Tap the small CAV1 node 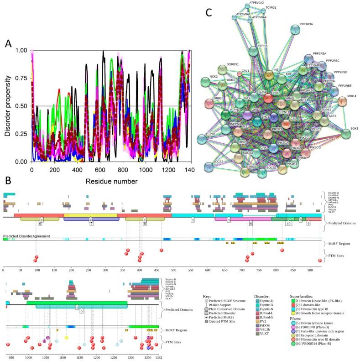[239, 74]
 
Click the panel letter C [209, 12]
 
